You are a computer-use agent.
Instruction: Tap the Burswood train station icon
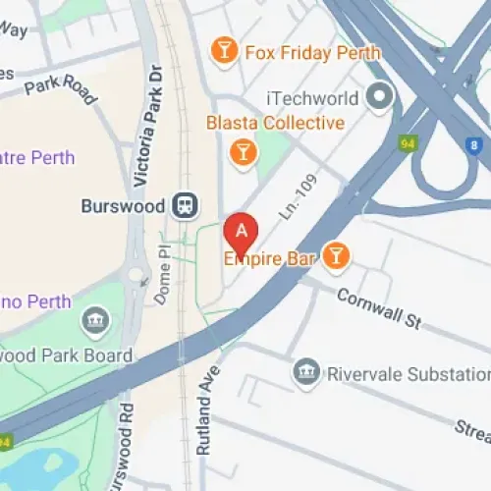click(x=183, y=205)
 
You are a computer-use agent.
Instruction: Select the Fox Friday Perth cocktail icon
click(x=226, y=50)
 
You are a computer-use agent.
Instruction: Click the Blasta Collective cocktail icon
click(x=241, y=151)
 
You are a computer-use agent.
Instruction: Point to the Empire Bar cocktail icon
click(x=337, y=256)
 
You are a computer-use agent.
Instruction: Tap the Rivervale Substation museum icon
click(x=305, y=372)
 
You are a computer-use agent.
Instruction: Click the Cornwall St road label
click(x=378, y=308)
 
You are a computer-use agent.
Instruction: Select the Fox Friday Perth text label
click(x=311, y=51)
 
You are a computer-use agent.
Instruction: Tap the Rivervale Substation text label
click(x=408, y=373)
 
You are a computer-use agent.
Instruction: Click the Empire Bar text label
click(x=269, y=258)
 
